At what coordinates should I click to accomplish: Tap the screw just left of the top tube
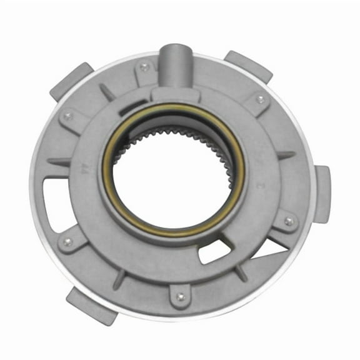145,67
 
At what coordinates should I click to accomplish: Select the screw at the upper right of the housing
260,99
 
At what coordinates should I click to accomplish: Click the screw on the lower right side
288,221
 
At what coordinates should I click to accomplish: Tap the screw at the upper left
68,116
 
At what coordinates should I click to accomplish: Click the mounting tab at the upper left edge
70,79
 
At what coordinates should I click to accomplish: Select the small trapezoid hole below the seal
211,251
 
